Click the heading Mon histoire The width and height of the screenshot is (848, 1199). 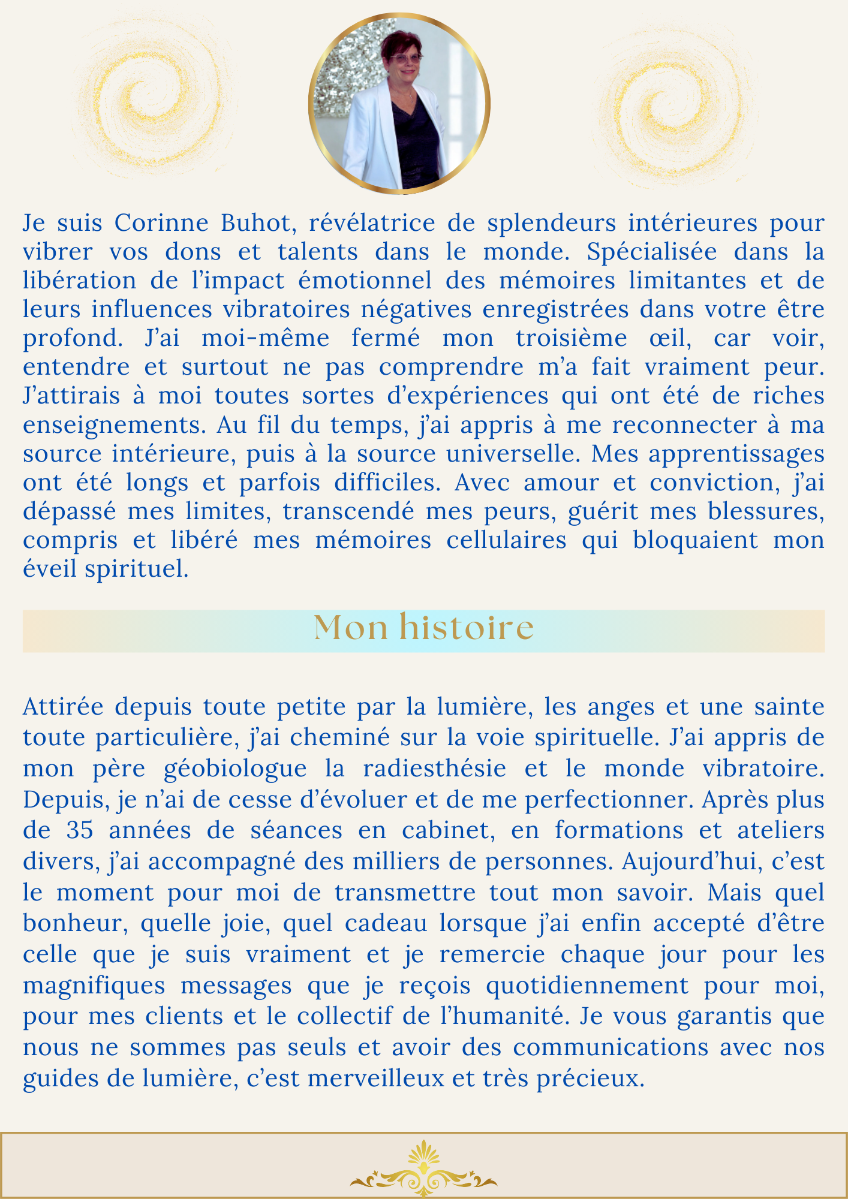coord(423,628)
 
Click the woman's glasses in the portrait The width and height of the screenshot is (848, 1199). coord(406,59)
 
